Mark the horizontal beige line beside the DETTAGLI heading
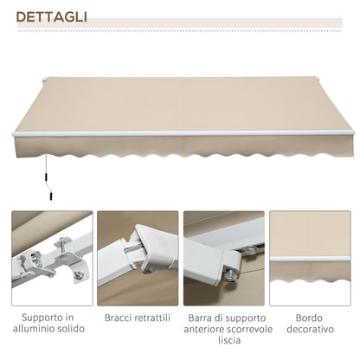216,17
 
